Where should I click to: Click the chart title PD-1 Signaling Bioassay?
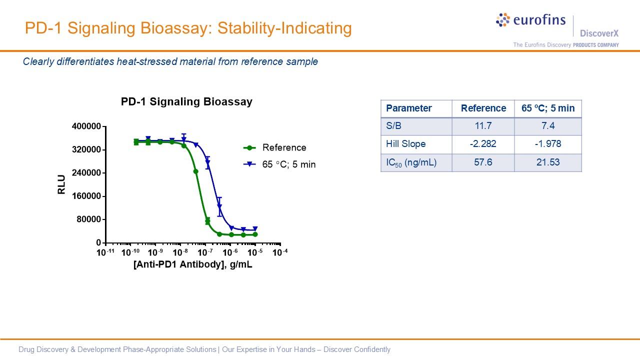(x=186, y=102)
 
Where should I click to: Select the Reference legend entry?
(x=284, y=147)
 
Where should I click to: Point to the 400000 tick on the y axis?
(x=87, y=126)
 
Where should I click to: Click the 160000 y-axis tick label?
(x=87, y=196)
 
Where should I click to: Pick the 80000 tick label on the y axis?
(x=89, y=219)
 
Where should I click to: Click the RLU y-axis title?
(x=62, y=184)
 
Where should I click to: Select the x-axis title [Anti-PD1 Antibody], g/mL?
(x=193, y=265)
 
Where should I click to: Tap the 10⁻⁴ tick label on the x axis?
(x=280, y=252)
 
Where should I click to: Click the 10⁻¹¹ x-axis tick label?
(x=105, y=252)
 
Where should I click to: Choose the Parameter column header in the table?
(x=409, y=108)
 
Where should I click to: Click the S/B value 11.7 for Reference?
(x=483, y=126)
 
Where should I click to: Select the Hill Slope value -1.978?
(x=548, y=144)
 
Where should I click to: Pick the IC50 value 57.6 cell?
(x=483, y=162)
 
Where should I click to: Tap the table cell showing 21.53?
(x=548, y=162)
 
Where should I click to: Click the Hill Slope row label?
(x=406, y=144)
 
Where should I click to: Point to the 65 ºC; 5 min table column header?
(x=548, y=108)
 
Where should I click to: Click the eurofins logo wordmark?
(x=539, y=20)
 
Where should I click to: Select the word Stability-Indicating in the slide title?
(x=278, y=28)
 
